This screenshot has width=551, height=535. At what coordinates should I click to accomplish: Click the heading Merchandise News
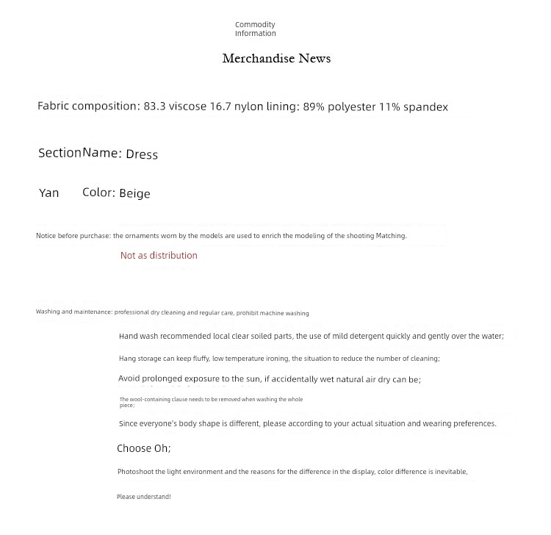click(276, 59)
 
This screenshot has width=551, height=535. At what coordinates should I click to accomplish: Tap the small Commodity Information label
click(256, 29)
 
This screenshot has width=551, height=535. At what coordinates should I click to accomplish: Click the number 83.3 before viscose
click(154, 107)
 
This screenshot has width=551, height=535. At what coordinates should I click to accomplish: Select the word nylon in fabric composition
click(248, 107)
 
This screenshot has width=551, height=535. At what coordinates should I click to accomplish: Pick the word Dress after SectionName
click(142, 154)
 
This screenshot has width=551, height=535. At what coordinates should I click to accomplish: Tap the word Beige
click(134, 193)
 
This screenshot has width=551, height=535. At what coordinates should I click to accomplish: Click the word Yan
click(48, 193)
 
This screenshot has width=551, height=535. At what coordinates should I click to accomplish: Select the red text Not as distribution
click(159, 256)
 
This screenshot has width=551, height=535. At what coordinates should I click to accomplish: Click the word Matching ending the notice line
click(391, 236)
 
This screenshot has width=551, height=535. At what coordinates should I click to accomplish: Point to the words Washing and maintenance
click(73, 312)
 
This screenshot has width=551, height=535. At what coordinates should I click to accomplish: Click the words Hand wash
click(137, 337)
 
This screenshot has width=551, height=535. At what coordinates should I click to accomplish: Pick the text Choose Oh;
click(144, 448)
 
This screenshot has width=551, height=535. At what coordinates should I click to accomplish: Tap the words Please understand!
click(143, 498)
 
